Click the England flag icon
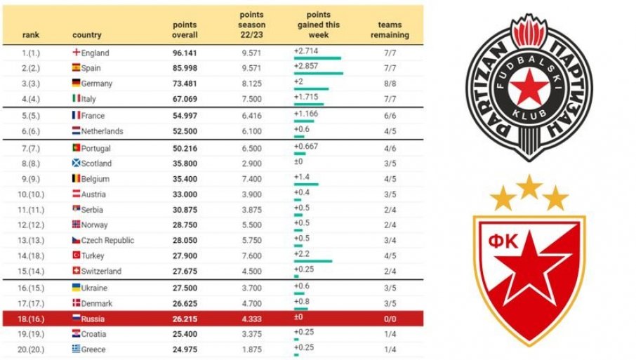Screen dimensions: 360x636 [x=77, y=53]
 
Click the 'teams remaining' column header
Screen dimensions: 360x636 [x=389, y=29]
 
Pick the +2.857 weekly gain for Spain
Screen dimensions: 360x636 [x=307, y=65]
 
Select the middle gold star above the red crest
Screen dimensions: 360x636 [x=530, y=186]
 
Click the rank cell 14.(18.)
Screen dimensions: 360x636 [x=36, y=256]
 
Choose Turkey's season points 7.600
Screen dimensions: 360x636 [x=251, y=256]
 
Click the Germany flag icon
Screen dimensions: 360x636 [x=77, y=84]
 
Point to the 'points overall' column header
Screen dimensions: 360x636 [x=185, y=29]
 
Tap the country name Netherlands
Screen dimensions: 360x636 [x=102, y=131]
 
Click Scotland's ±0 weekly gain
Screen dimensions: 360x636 [x=298, y=164]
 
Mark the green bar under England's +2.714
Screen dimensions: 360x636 [x=317, y=58]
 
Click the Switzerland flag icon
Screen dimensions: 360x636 [x=77, y=272]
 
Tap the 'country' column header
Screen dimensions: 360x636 [x=86, y=35]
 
